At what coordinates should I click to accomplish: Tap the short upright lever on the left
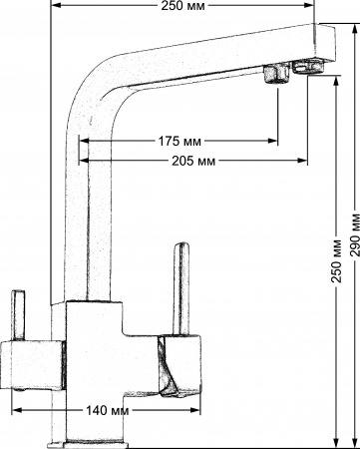(16, 315)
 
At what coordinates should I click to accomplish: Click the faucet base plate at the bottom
(94, 441)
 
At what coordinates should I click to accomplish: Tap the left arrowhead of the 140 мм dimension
(17, 410)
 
